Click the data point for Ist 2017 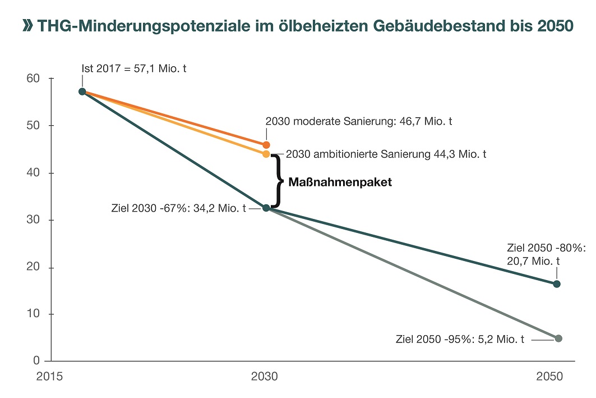82,92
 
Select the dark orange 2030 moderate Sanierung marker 266,145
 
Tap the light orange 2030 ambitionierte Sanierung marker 266,154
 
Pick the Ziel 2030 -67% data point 266,208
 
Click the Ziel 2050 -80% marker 557,284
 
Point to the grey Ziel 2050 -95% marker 558,338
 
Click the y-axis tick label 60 33,78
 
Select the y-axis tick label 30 33,220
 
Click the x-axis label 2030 264,377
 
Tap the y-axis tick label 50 33,126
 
